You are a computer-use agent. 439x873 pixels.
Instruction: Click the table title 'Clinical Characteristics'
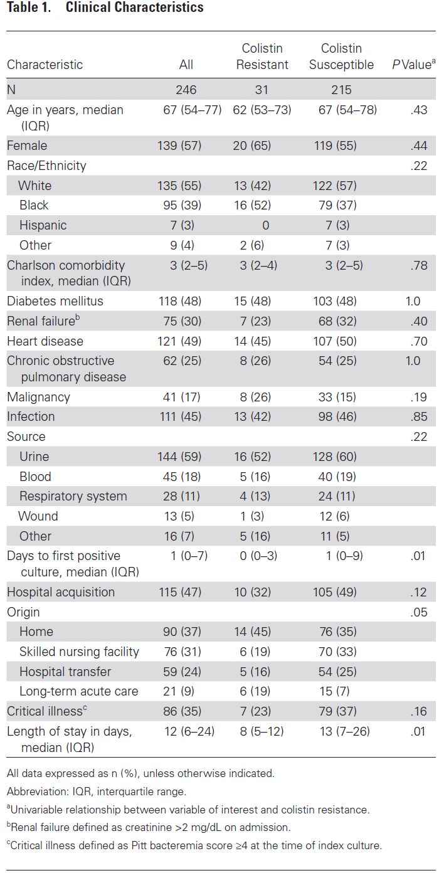click(x=134, y=8)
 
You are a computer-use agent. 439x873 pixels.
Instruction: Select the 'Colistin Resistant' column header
click(x=262, y=56)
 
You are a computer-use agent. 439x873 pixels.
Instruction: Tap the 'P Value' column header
click(x=414, y=64)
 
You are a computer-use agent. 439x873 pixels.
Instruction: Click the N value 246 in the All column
click(x=186, y=90)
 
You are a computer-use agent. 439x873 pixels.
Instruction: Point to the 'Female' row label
click(x=27, y=145)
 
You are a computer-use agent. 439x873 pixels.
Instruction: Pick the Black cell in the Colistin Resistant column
click(x=252, y=205)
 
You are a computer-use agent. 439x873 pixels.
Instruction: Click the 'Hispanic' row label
click(x=43, y=225)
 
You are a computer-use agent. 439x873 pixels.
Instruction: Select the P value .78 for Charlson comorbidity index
click(x=419, y=265)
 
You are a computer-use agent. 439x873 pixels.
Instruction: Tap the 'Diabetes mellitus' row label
click(x=55, y=301)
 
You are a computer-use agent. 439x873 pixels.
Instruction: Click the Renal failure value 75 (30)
click(x=182, y=321)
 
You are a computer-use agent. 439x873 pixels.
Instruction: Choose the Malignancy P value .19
click(x=419, y=397)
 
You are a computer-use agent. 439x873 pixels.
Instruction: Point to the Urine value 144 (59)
click(x=179, y=457)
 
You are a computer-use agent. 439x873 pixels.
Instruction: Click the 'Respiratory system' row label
click(x=73, y=495)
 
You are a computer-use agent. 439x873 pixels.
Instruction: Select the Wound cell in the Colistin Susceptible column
click(x=334, y=516)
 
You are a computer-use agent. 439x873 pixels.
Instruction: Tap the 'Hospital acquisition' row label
click(x=61, y=591)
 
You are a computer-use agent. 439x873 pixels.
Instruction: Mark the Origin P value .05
click(x=419, y=612)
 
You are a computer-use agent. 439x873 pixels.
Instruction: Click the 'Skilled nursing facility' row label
click(x=79, y=651)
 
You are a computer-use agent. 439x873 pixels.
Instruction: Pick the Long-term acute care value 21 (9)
click(x=179, y=691)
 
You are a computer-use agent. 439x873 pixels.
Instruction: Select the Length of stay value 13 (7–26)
click(x=345, y=731)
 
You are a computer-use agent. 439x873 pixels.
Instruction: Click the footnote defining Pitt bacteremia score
click(x=194, y=845)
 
